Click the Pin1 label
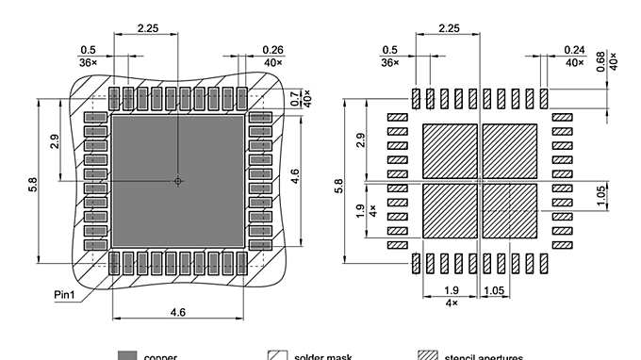[x=64, y=295]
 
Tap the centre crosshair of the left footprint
[x=178, y=181]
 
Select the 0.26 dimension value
[x=272, y=50]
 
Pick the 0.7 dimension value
[x=295, y=97]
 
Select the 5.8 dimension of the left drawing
[x=33, y=188]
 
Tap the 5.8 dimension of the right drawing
[x=339, y=188]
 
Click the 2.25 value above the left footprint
[x=147, y=28]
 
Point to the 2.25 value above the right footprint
[x=449, y=28]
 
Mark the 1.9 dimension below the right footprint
[x=451, y=291]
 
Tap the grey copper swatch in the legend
[x=127, y=356]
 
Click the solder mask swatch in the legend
[x=277, y=356]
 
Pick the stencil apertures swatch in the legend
[x=428, y=356]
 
